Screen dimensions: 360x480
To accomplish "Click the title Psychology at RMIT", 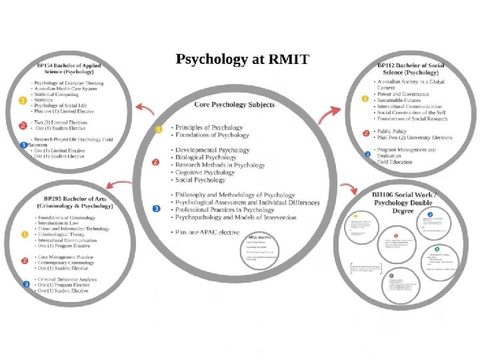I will (242, 59).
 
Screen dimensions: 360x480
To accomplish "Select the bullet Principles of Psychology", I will (209, 127).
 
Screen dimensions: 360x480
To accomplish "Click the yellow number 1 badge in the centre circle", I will (159, 129).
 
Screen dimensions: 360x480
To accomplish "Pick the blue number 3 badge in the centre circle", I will (157, 209).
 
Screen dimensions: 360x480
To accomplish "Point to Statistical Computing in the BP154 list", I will (57, 95).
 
